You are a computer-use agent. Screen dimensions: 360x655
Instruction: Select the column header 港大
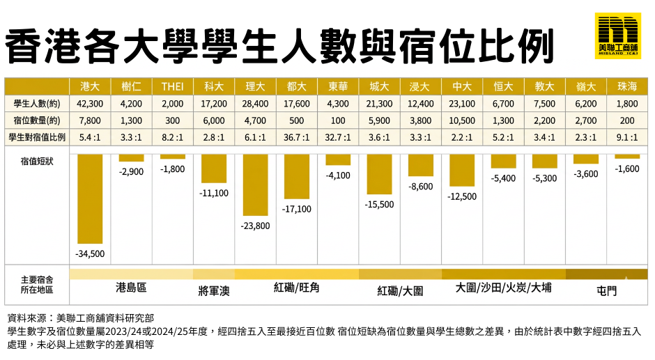(91, 87)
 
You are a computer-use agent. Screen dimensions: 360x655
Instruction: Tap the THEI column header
(173, 87)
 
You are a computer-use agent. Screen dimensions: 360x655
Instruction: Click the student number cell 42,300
(91, 104)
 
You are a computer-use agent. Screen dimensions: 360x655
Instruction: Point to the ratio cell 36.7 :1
(297, 137)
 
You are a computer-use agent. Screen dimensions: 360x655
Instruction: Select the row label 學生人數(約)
(37, 104)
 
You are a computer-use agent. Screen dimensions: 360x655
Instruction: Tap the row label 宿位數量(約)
(37, 120)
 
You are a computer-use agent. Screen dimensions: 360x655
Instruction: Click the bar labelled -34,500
(91, 198)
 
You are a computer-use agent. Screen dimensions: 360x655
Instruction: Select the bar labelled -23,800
(255, 185)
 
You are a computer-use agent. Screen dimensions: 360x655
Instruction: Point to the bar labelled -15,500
(379, 174)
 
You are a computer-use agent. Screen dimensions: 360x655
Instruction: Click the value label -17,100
(297, 208)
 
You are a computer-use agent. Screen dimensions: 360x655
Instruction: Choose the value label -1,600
(626, 169)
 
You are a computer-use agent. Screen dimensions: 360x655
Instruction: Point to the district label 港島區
(131, 287)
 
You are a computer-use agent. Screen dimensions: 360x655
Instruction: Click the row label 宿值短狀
(33, 162)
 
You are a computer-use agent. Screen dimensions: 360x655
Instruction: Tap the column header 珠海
(626, 87)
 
